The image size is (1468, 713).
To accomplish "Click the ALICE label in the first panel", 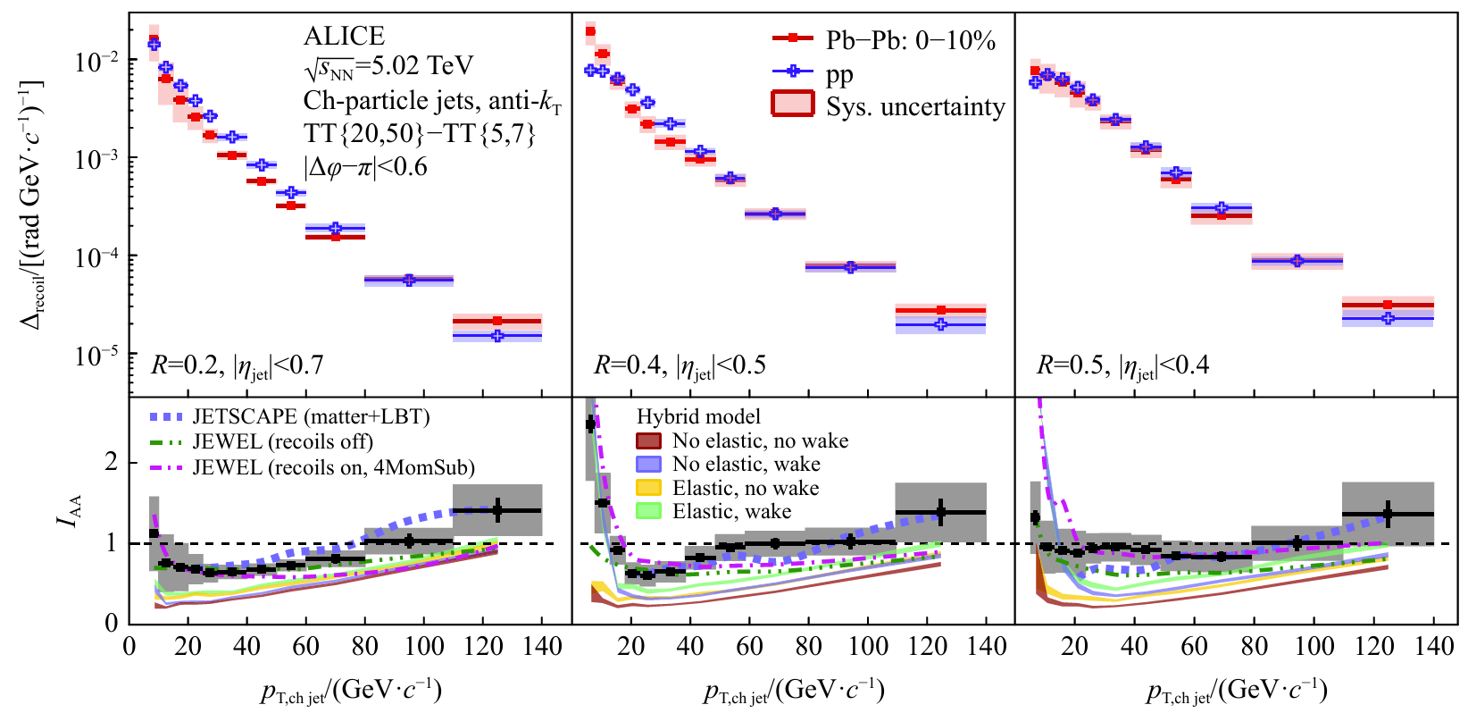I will click(x=344, y=36).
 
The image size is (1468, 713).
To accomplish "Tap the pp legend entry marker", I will click(x=792, y=71).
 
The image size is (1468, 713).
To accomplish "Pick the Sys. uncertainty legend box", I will click(x=793, y=104).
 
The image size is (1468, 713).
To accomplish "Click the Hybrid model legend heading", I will click(x=698, y=416).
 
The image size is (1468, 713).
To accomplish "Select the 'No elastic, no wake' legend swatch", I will click(x=648, y=440).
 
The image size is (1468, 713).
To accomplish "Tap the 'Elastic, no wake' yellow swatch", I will click(x=648, y=488).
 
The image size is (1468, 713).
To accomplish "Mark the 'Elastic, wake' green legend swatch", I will click(x=648, y=511).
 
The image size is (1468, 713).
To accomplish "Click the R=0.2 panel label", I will click(x=237, y=365).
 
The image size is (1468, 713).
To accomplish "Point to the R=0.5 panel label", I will click(x=1122, y=365).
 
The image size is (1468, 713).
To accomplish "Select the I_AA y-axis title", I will click(x=71, y=510).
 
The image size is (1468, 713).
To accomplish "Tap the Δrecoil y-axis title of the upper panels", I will click(x=32, y=204).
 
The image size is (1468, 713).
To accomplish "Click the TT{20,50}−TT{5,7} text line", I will click(x=420, y=134).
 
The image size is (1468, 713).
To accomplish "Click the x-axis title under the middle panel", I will click(x=794, y=691).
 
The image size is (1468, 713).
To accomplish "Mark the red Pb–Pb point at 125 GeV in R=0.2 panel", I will click(x=497, y=321).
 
